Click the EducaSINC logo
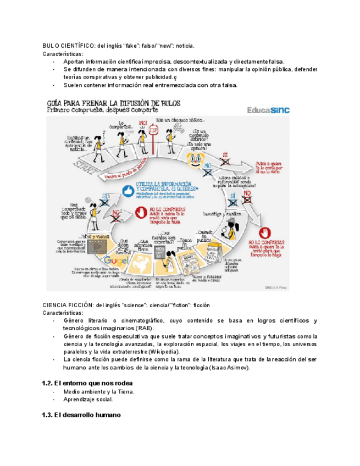(269, 109)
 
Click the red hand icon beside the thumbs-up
(141, 211)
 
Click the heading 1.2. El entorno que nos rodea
(87, 382)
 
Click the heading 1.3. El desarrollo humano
(81, 415)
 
